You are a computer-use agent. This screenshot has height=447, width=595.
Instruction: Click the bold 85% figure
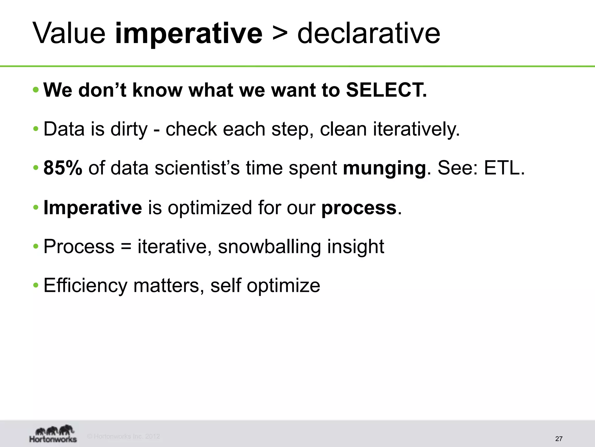coord(63,168)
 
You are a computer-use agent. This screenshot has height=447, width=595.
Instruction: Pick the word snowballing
coord(269,246)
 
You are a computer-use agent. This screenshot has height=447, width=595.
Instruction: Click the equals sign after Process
coord(126,247)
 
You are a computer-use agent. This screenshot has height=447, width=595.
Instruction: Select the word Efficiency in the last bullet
coord(85,285)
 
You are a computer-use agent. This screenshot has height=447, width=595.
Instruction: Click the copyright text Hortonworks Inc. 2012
coord(124,436)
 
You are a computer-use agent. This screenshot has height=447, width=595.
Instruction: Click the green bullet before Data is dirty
coord(36,129)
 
